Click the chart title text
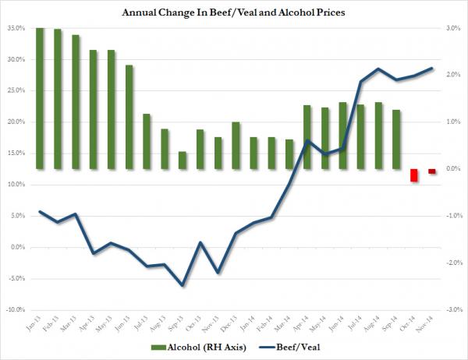tap(234, 12)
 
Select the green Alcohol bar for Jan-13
tap(40, 98)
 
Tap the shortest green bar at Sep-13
tap(183, 160)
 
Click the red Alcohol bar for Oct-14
tap(415, 175)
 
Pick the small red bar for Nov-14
tap(431, 171)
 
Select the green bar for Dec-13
tap(235, 145)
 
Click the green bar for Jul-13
tap(147, 141)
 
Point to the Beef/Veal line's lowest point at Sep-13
tap(183, 285)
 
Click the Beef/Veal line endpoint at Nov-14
tap(432, 68)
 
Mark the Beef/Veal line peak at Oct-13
tap(200, 242)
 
